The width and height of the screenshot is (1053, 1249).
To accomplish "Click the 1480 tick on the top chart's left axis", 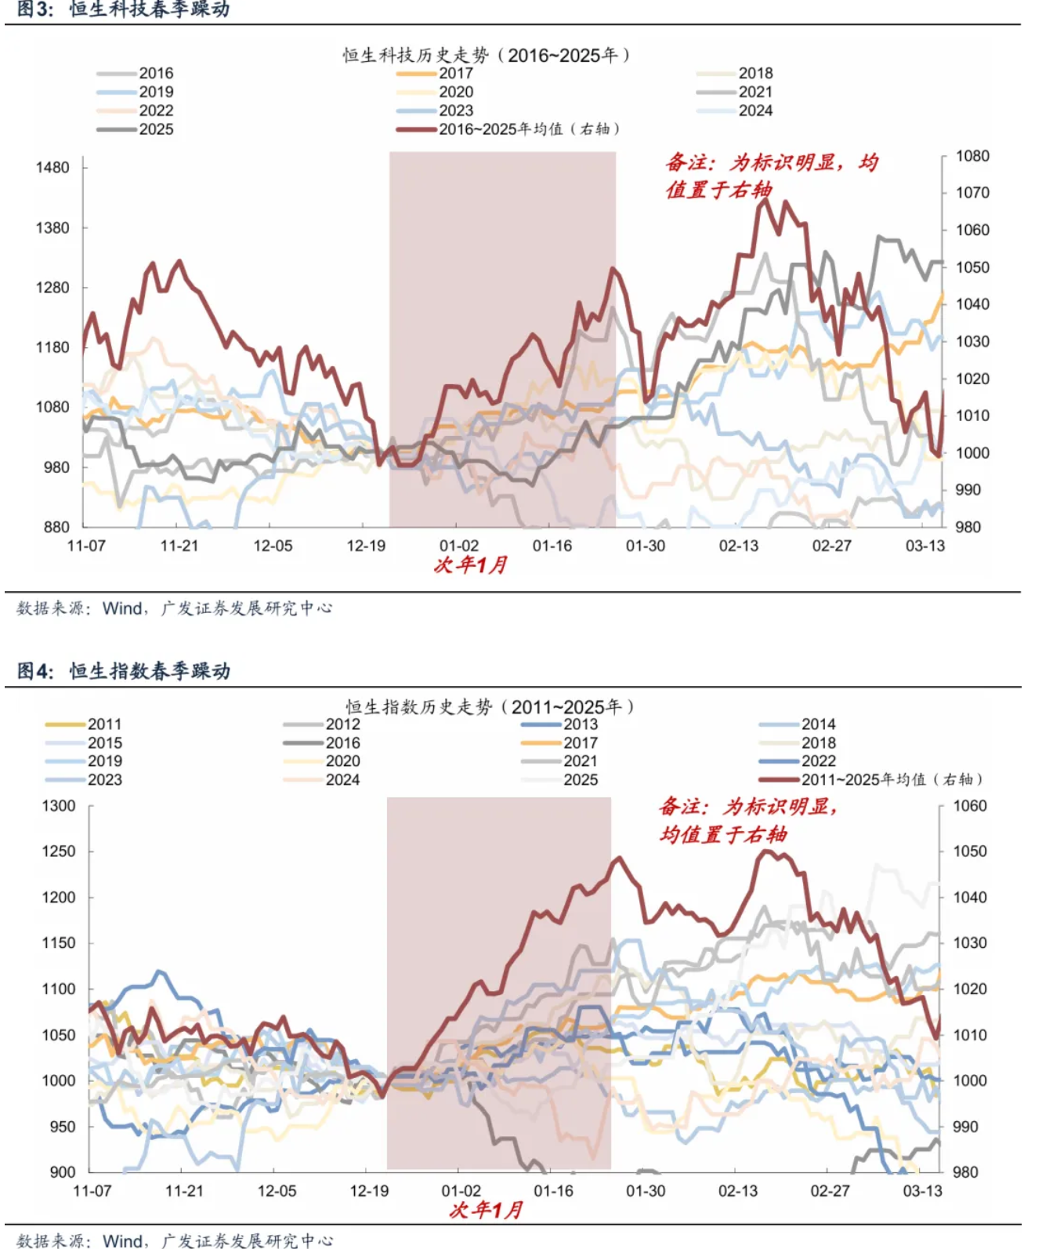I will pyautogui.click(x=52, y=168).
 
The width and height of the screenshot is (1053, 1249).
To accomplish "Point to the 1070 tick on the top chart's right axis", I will pyautogui.click(x=972, y=193).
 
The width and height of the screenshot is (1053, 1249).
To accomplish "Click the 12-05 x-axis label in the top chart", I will pyautogui.click(x=273, y=546).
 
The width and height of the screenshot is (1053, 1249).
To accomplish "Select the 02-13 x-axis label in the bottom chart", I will pyautogui.click(x=738, y=1191).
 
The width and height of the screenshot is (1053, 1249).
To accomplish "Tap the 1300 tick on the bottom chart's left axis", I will pyautogui.click(x=59, y=806).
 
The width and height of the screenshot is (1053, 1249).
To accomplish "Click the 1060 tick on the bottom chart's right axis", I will pyautogui.click(x=970, y=806).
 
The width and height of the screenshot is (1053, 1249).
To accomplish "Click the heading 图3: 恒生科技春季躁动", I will pyautogui.click(x=124, y=10).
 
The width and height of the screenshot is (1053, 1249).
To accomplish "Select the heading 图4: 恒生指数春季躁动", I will pyautogui.click(x=124, y=671).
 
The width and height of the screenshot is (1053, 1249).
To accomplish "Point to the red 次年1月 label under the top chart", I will pyautogui.click(x=471, y=565).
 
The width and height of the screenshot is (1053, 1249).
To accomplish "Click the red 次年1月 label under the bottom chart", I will pyautogui.click(x=486, y=1211).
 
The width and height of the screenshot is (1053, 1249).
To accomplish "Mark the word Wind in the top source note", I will pyautogui.click(x=122, y=608).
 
